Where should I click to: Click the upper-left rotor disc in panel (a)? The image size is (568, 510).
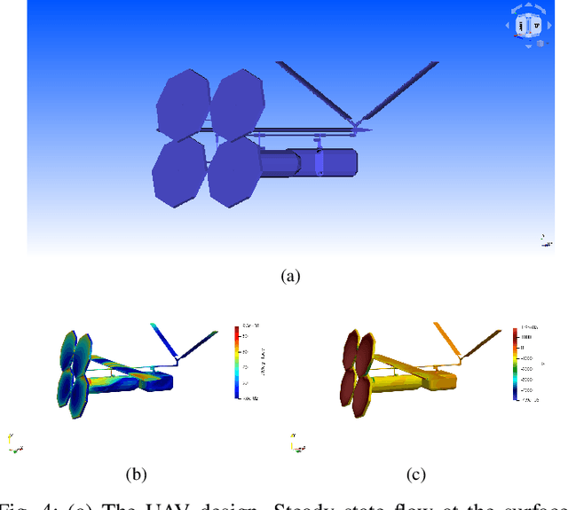pyautogui.click(x=183, y=105)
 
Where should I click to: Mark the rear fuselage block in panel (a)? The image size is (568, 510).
pyautogui.click(x=335, y=162)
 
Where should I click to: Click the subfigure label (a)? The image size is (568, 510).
pyautogui.click(x=290, y=277)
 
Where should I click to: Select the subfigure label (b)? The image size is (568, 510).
pyautogui.click(x=136, y=475)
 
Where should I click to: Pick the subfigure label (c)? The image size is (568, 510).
pyautogui.click(x=415, y=475)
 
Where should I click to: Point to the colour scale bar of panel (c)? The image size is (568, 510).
pyautogui.click(x=515, y=364)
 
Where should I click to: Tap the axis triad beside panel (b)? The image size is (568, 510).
pyautogui.click(x=13, y=443)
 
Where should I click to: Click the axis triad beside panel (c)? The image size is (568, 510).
pyautogui.click(x=294, y=443)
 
